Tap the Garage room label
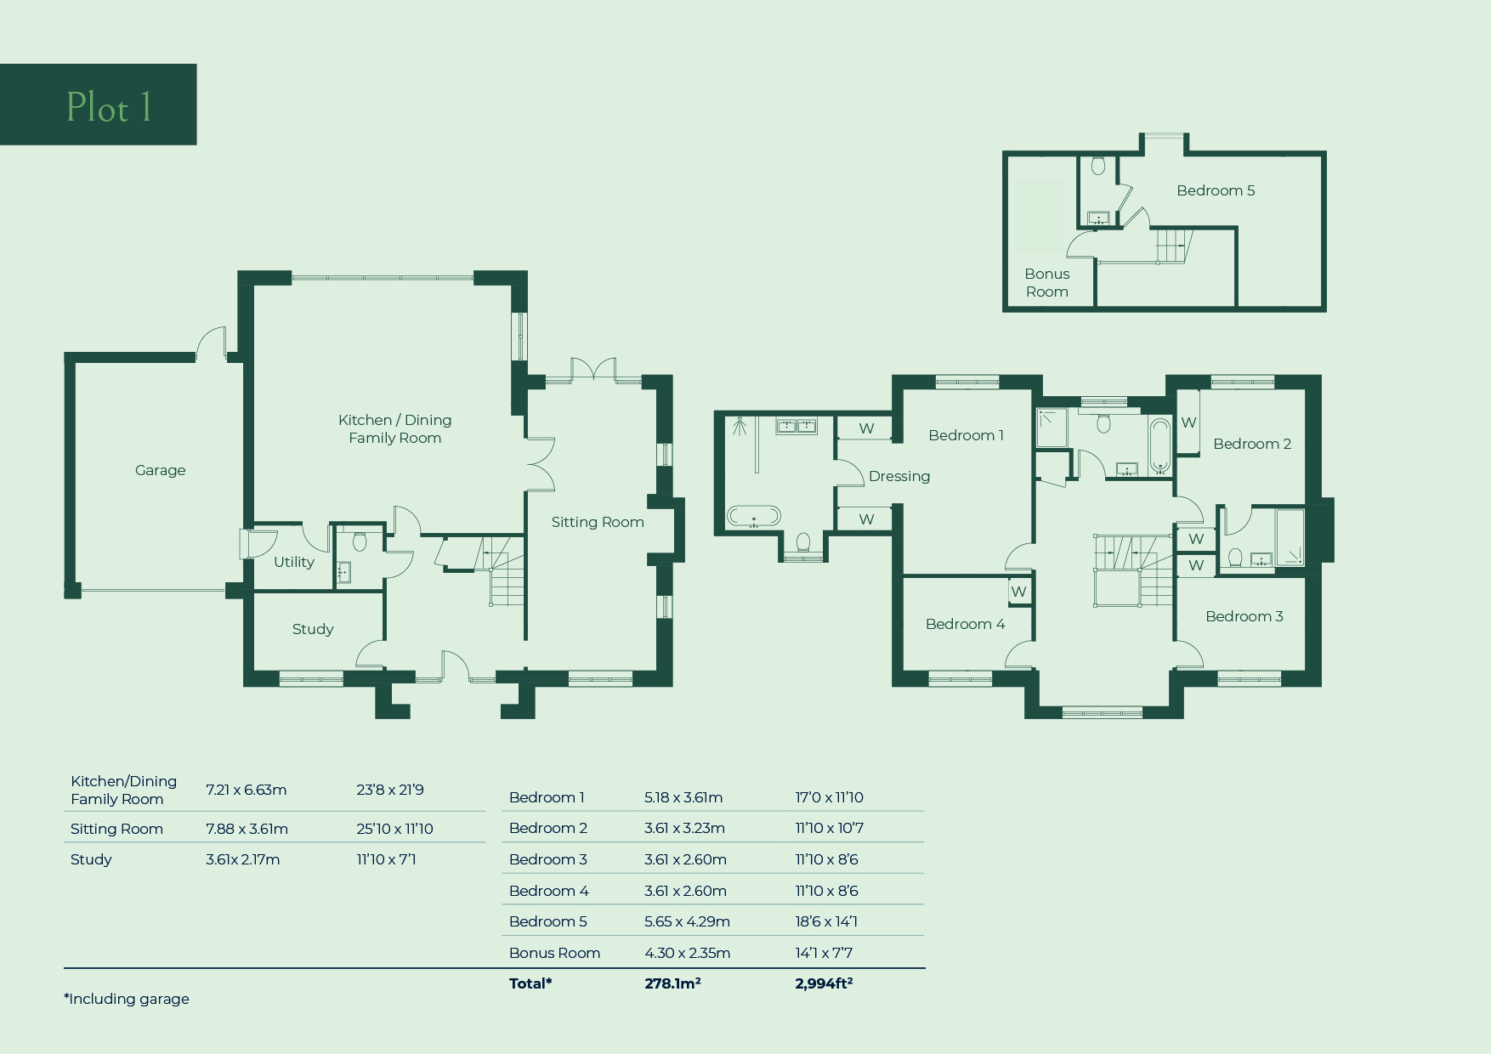coord(160,470)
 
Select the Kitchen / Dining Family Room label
coord(394,428)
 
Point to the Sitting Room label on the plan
coord(598,522)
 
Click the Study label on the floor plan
coord(313,629)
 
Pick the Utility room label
coord(294,562)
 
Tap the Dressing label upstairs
coord(899,476)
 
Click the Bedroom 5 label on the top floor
coord(1216,190)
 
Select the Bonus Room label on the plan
coord(1047,282)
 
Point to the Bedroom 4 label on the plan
coord(965,624)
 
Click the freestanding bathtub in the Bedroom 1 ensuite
coord(754,516)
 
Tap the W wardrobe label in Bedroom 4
coord(1019,592)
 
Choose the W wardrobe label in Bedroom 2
coord(1188,422)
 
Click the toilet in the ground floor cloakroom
coord(360,541)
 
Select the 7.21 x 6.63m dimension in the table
coord(247,790)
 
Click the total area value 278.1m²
coord(672,983)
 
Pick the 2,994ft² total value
coord(824,983)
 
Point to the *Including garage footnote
coord(127,999)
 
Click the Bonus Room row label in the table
coord(554,953)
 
